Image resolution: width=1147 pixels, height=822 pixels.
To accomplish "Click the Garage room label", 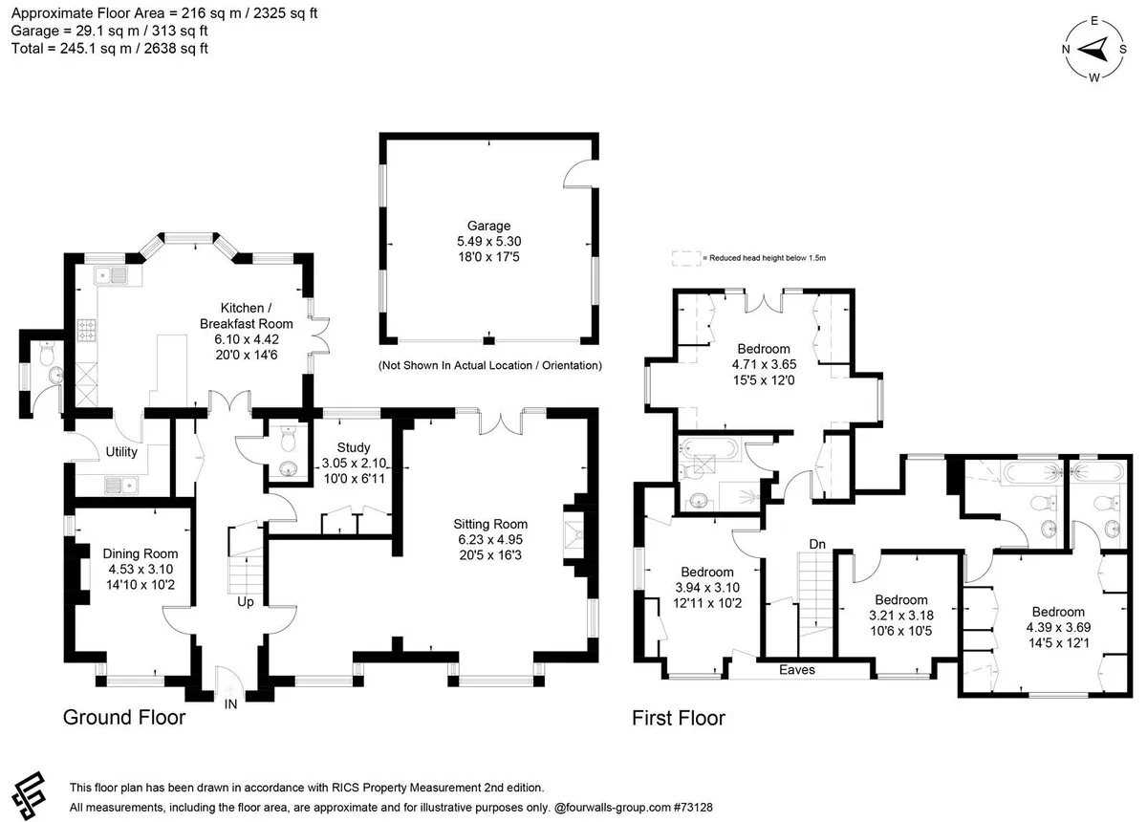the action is coord(488,226).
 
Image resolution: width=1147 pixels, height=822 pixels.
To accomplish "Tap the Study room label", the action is coord(354,447).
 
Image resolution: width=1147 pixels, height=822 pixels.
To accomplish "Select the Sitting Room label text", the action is coord(490,524).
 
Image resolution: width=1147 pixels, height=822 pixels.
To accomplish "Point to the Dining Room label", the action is coord(141,553).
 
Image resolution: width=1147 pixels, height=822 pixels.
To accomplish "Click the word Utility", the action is coord(121,452).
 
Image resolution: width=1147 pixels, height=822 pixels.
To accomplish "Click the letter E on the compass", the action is coord(1094,21).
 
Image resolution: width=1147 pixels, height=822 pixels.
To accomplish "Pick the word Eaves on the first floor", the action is coord(797,670).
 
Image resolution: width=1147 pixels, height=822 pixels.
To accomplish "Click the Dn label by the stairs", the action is coord(817,545).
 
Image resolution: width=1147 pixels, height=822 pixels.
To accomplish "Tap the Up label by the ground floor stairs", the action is coord(246,602).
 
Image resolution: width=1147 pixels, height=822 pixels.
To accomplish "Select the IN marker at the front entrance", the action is coord(230,704).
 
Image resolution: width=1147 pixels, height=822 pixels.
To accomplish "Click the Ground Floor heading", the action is coord(124,718).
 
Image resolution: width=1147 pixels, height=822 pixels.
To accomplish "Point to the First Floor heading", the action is coord(679,718).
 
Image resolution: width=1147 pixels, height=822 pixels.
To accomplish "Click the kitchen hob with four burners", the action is coord(86,331).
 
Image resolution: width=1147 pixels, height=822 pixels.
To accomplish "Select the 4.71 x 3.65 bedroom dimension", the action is coord(764,365).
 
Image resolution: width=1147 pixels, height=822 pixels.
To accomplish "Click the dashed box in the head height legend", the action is coord(686,258).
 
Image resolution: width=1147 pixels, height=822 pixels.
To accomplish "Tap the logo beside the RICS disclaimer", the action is coord(29,796).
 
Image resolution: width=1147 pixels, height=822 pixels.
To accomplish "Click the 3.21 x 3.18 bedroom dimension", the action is coord(901,616).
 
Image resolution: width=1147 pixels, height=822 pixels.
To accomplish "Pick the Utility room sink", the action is coord(121,484).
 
